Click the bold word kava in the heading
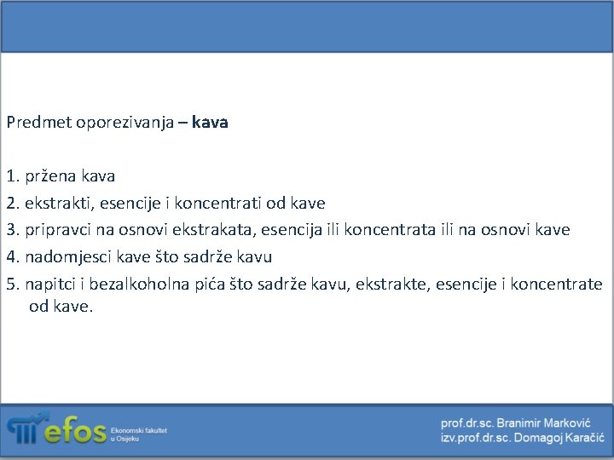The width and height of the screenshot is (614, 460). coord(210,123)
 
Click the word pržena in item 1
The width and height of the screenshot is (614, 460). coord(51,177)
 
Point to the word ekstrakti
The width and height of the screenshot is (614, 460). coord(58,204)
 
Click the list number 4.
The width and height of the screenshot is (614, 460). coord(11,256)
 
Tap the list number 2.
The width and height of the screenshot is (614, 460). coord(11,204)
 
